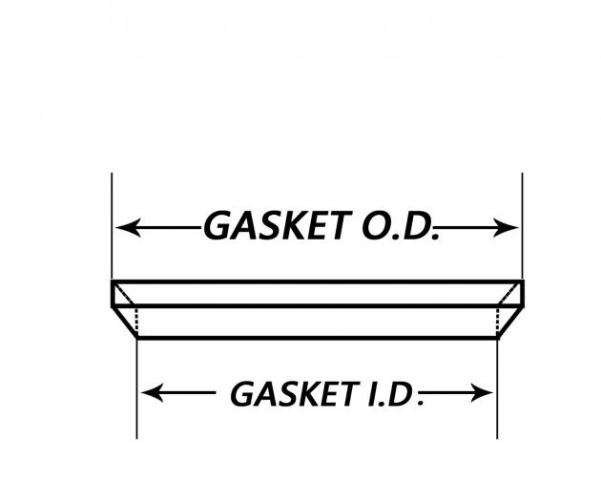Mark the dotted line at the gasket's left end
[x=137, y=323]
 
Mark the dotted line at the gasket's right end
[x=497, y=323]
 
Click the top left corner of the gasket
[x=112, y=282]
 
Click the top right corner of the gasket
[x=522, y=282]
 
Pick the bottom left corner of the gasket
[x=138, y=339]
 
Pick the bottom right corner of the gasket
[x=497, y=339]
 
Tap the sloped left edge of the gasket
[x=125, y=323]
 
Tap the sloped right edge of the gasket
[x=509, y=323]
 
